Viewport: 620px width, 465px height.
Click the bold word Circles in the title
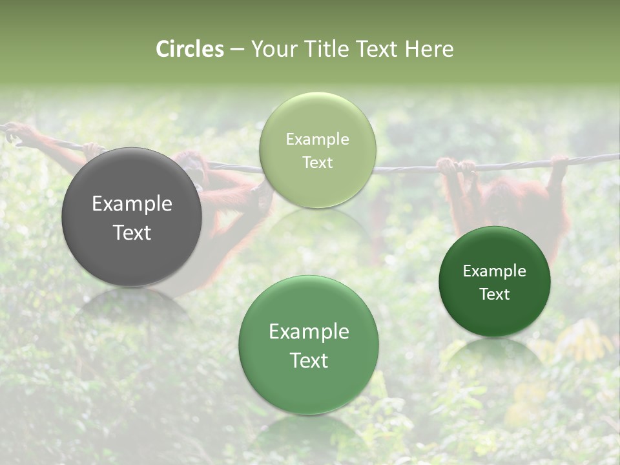pos(190,49)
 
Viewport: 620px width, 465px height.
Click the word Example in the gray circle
pos(132,204)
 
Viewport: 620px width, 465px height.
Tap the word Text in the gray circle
pos(132,232)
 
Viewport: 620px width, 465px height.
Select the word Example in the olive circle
pos(317,139)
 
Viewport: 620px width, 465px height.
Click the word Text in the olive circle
pos(317,163)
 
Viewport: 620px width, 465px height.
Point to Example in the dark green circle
pos(495,271)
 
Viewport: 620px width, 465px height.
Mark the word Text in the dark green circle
pos(495,294)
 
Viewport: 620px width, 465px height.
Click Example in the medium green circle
pos(309,332)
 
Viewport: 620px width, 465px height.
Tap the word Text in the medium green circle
pos(309,360)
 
